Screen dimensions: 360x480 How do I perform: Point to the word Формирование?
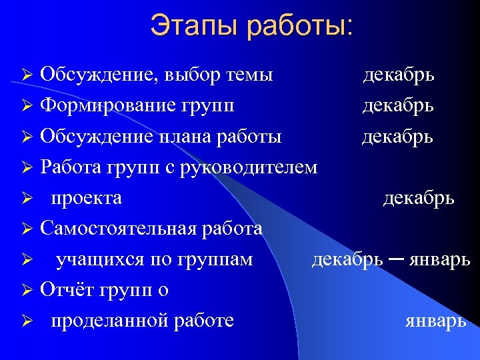pyautogui.click(x=107, y=106)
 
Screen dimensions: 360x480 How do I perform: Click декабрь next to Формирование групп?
pyautogui.click(x=398, y=106)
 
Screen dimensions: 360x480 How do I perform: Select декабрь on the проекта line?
pyautogui.click(x=419, y=198)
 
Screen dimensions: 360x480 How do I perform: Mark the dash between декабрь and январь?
pyautogui.click(x=395, y=259)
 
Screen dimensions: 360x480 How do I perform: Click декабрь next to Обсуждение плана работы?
pyautogui.click(x=397, y=137)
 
